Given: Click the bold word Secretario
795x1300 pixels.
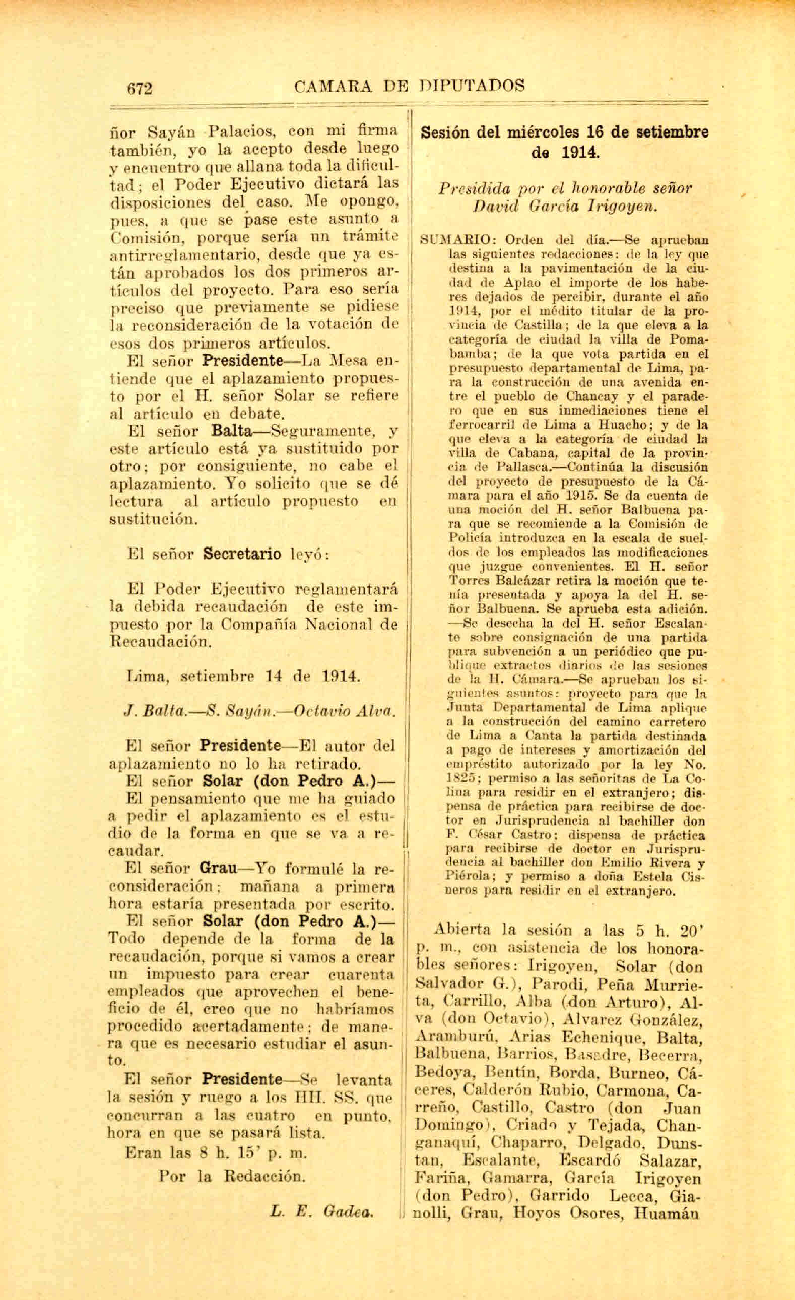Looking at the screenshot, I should [x=242, y=554].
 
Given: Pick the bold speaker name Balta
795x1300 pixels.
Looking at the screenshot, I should [x=231, y=431].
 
